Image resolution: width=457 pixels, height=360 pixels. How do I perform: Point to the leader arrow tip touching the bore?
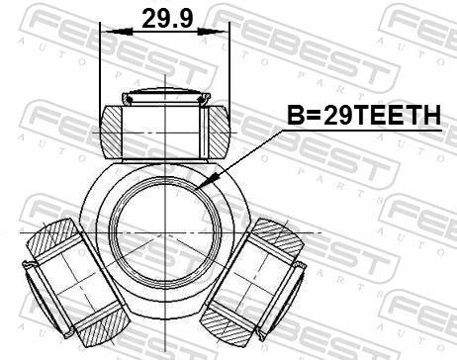pyautogui.click(x=200, y=186)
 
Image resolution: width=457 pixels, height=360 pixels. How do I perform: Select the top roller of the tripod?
pyautogui.click(x=164, y=127)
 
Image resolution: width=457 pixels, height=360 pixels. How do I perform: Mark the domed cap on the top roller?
pyautogui.click(x=164, y=96)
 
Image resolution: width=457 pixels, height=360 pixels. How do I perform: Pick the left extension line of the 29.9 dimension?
pyautogui.click(x=101, y=69)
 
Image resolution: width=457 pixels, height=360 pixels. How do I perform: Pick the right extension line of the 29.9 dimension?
pyautogui.click(x=229, y=69)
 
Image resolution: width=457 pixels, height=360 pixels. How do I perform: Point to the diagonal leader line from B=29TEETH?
pyautogui.click(x=242, y=158)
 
